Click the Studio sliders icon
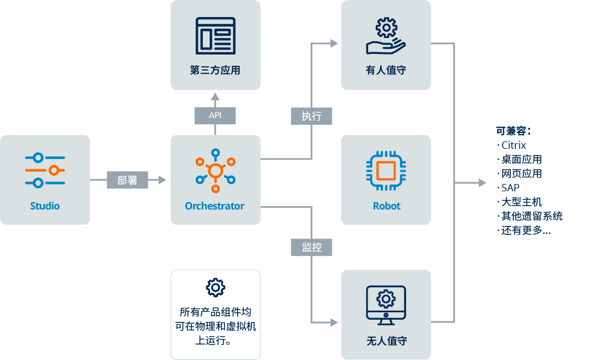[45, 170]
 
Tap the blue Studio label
[45, 206]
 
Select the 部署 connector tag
[127, 180]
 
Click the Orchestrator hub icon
[215, 171]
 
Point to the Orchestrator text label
[215, 206]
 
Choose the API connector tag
[215, 115]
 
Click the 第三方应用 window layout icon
[215, 36]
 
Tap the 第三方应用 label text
[215, 70]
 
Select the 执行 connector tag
[312, 116]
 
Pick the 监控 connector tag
[312, 247]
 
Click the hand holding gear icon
[386, 36]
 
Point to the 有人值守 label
[386, 70]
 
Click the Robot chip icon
[386, 170]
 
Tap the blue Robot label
[386, 206]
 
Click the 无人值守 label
[386, 341]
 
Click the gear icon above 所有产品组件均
[215, 287]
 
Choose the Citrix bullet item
[511, 145]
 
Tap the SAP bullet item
[508, 187]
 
